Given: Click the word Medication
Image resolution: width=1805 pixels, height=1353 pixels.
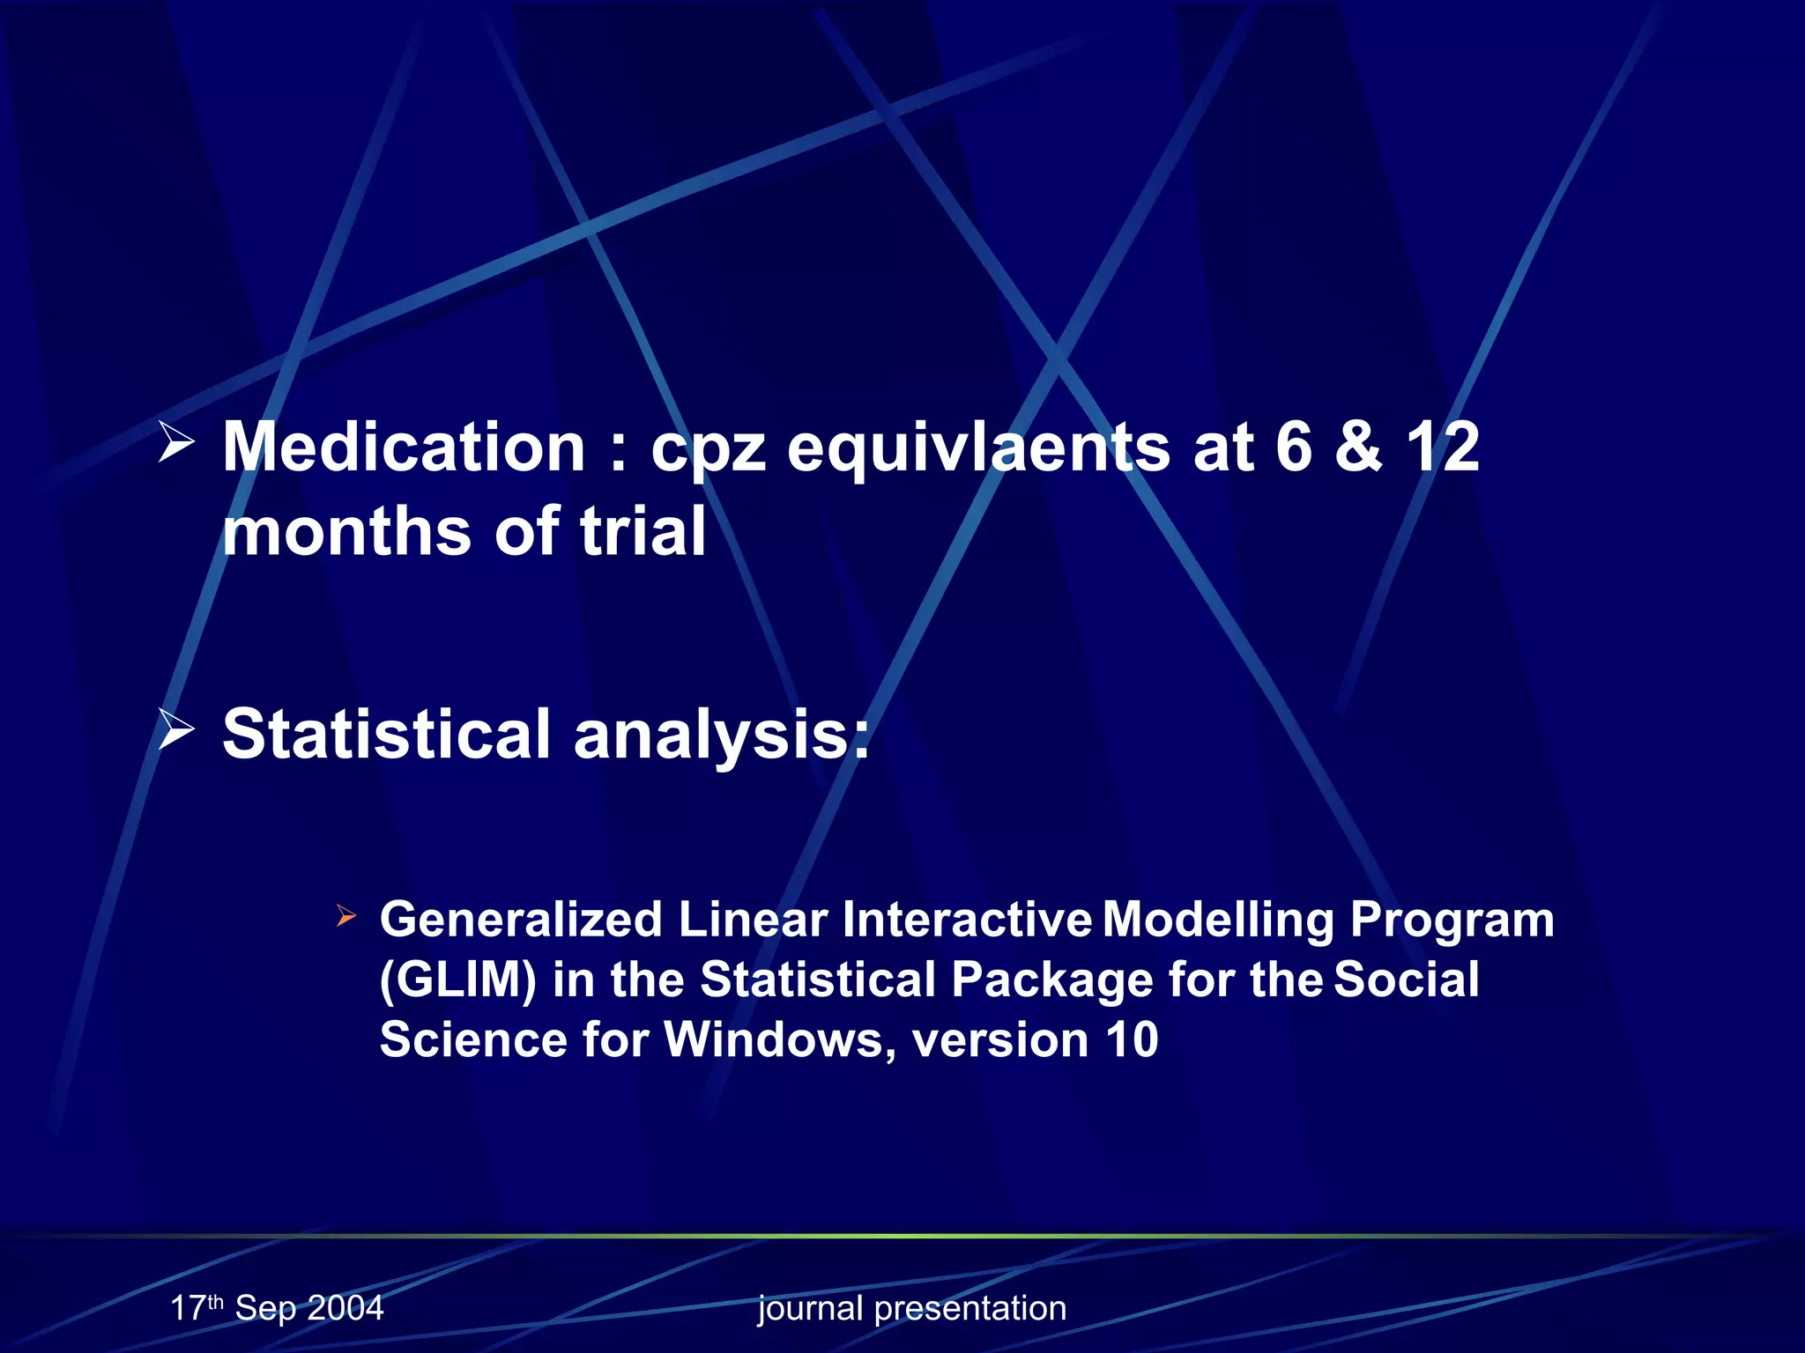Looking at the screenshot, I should coord(404,447).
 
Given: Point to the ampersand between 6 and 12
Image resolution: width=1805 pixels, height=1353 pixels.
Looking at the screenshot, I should coord(1358,447).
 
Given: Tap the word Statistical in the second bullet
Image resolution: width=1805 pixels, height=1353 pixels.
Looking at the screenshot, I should coord(386,734).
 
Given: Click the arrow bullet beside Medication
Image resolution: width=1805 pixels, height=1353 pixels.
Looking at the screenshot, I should coord(176,442).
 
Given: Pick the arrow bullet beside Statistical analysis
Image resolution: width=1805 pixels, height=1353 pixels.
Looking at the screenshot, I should coord(176,730).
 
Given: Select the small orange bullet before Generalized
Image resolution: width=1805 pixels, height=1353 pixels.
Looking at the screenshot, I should coord(346,917).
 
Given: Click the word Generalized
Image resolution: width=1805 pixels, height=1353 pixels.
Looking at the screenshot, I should coord(520,920).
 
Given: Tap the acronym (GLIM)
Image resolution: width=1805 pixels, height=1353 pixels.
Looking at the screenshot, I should coord(457,980).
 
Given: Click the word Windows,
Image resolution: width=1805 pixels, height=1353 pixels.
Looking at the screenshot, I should coord(779,1039).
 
